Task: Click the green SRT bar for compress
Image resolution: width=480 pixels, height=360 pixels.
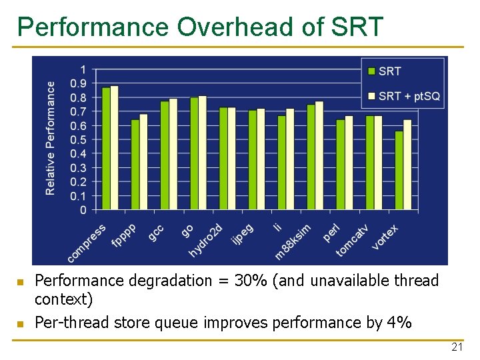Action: tap(106, 149)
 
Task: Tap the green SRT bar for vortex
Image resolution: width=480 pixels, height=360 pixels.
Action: tap(399, 171)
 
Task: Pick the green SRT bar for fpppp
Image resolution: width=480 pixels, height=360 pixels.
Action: tap(135, 165)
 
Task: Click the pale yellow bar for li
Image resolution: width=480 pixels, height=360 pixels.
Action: tap(290, 159)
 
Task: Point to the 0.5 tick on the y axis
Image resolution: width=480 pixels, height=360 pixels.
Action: tap(78, 140)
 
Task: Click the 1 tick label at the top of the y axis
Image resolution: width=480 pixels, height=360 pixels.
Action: tap(83, 69)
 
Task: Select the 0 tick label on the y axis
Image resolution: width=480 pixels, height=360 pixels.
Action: tap(83, 210)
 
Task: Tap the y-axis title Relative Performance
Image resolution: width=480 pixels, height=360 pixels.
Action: tap(51, 138)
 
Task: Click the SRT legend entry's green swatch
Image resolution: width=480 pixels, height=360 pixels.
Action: tap(371, 71)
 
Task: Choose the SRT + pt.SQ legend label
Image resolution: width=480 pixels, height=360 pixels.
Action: tap(409, 96)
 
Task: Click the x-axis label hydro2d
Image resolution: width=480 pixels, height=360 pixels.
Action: tap(205, 241)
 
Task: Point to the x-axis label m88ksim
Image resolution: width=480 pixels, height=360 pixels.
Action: tap(293, 241)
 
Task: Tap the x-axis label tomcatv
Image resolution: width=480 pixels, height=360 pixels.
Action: tap(352, 240)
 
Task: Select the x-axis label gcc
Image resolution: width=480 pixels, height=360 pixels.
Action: tap(156, 233)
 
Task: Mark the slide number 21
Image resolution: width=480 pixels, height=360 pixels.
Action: tap(457, 347)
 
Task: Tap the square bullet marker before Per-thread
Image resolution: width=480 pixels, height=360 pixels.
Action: tap(20, 324)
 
